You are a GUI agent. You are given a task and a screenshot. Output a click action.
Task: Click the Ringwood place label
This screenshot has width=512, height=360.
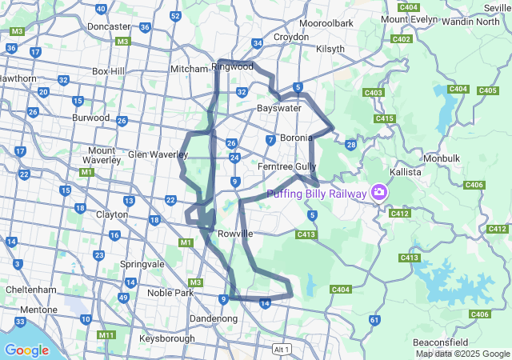coord(232,66)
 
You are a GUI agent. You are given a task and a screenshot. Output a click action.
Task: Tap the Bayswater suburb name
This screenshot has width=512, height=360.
coord(278,107)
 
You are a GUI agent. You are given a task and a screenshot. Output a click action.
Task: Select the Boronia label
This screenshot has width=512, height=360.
coord(296,138)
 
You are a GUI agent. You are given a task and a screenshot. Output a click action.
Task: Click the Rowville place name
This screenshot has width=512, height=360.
coord(235,234)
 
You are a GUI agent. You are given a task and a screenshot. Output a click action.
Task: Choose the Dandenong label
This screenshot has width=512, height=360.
coord(213,318)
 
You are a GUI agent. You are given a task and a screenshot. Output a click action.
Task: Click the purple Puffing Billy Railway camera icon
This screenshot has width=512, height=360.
coord(379,193)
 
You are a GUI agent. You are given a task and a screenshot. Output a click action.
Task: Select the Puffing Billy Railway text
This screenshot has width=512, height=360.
coord(316,194)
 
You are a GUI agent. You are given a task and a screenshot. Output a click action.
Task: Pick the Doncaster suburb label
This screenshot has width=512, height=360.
coord(109,26)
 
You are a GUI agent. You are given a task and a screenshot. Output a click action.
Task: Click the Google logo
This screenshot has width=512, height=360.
coord(26,350)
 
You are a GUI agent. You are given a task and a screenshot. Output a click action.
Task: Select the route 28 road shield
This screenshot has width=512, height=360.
coord(350,145)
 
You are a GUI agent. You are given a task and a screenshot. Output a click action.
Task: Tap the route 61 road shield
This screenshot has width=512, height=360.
coord(374,320)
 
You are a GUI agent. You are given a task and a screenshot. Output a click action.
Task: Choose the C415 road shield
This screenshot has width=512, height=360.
coord(384,118)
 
